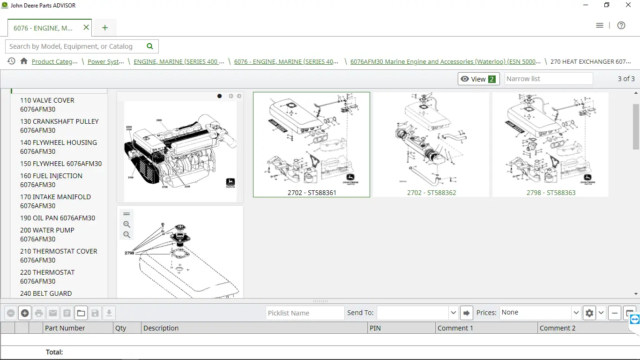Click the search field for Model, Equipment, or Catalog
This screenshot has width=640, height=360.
(75, 46)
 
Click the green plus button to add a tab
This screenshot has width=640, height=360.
(105, 28)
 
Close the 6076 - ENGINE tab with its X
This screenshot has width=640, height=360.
(86, 28)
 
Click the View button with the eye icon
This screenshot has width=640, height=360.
(478, 79)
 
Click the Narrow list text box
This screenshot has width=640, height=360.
(548, 79)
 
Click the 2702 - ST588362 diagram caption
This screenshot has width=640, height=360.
(431, 193)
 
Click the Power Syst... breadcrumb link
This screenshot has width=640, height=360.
(106, 61)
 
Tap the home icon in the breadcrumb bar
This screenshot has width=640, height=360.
(24, 61)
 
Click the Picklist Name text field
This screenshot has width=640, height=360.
(305, 313)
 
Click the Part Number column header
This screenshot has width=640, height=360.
(65, 328)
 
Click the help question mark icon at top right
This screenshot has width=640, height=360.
(621, 25)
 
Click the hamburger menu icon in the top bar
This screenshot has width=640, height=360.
(600, 25)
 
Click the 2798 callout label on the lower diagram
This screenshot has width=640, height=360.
(129, 253)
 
